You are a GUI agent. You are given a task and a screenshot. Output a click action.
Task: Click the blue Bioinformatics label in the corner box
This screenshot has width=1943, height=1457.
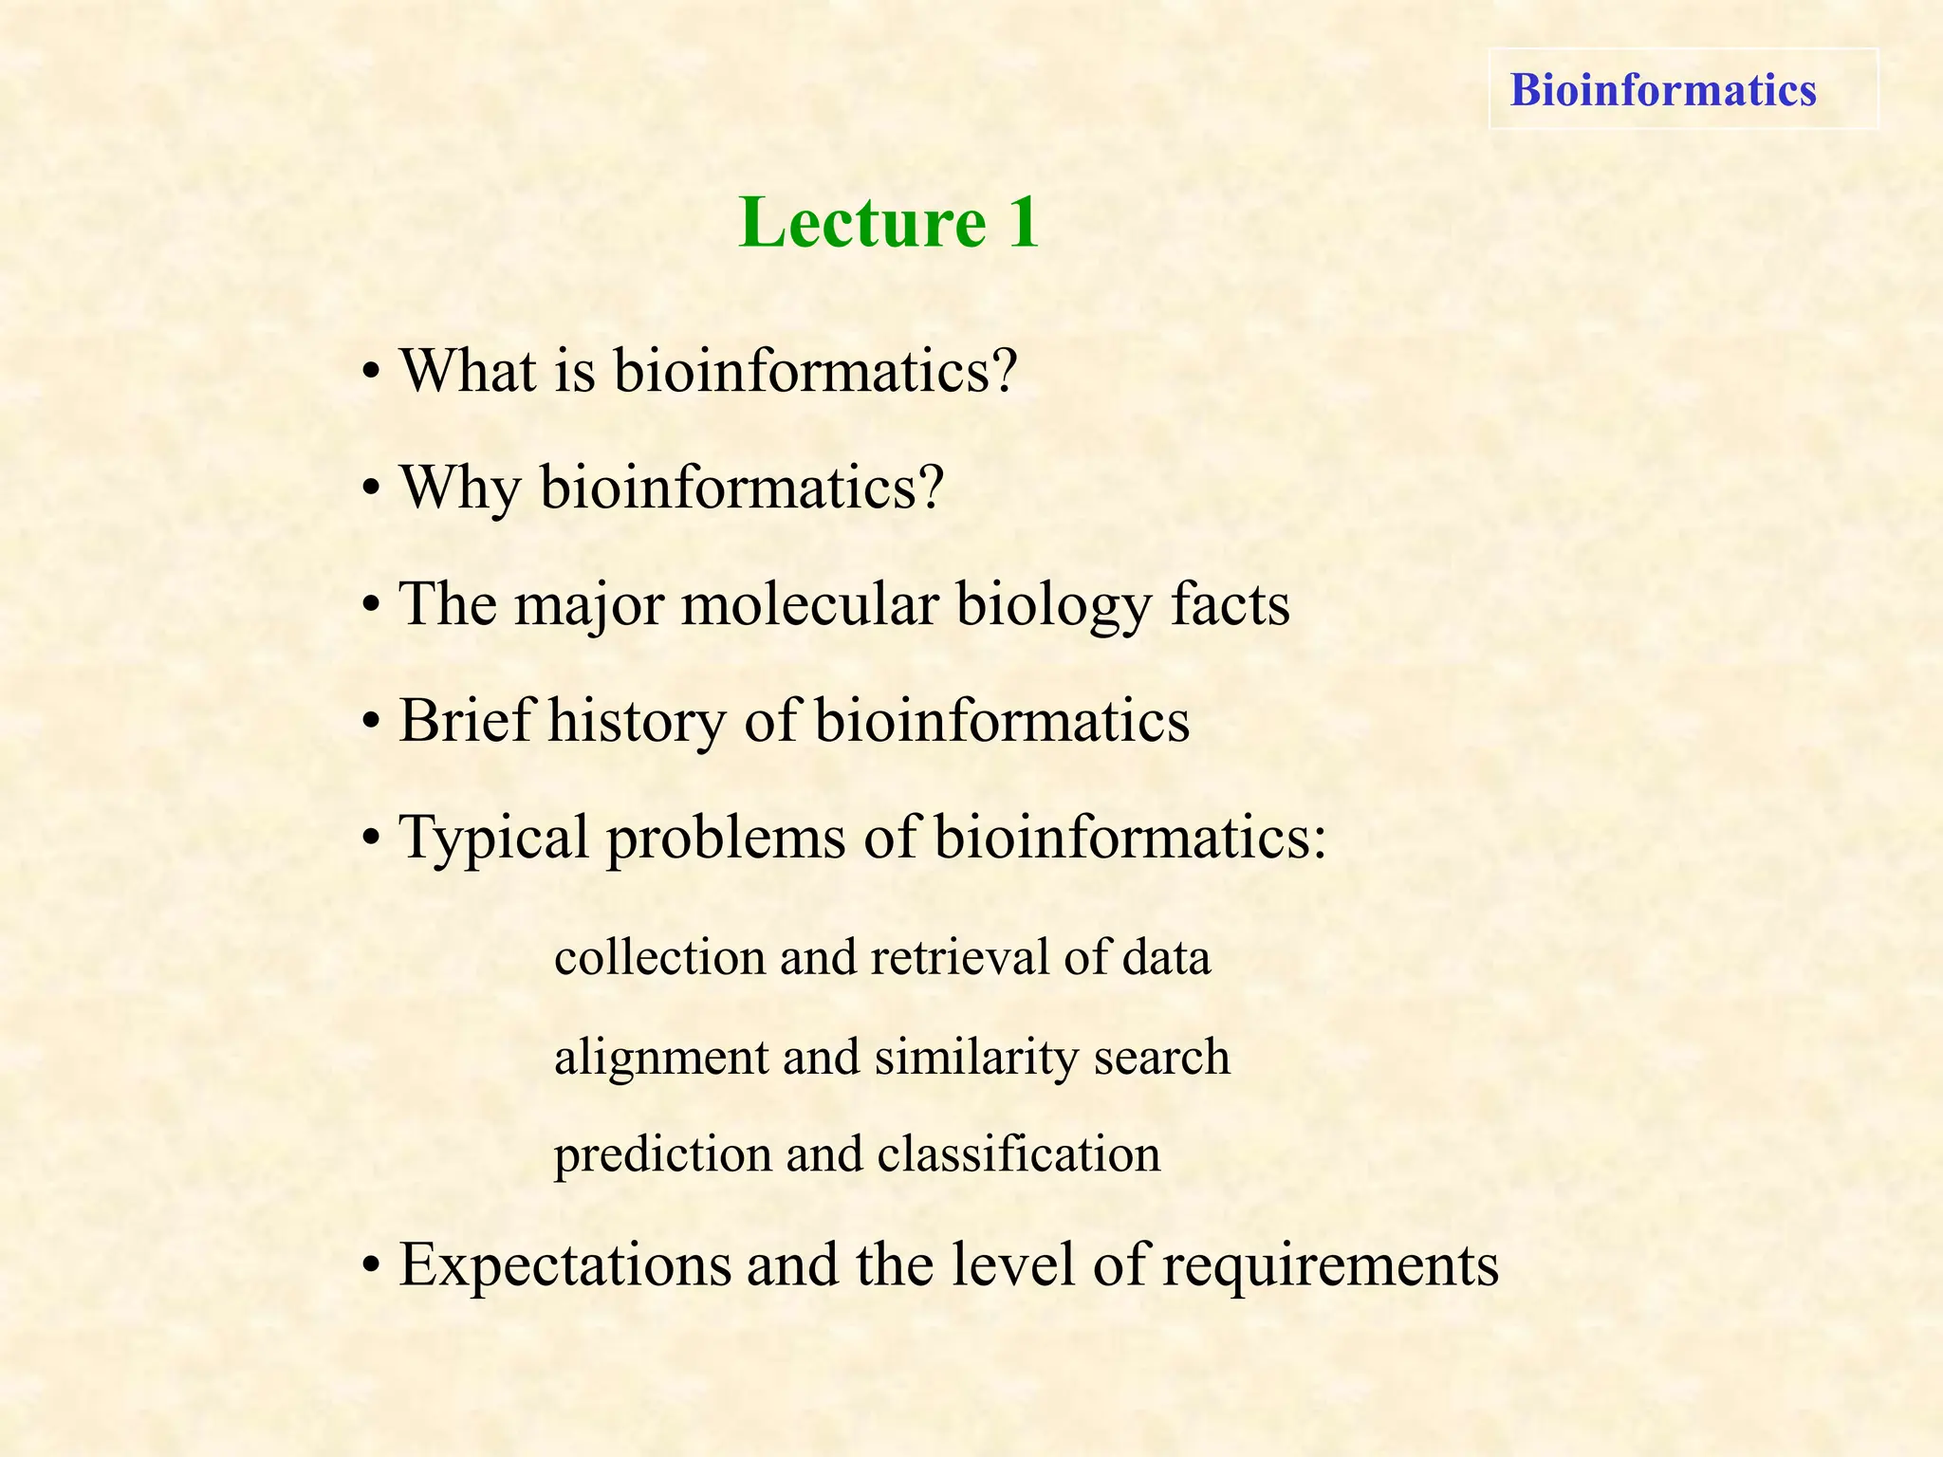click(1662, 90)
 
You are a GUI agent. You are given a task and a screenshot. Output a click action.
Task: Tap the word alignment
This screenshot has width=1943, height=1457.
click(661, 1058)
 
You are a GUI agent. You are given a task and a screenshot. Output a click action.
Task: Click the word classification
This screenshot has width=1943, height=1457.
click(1018, 1154)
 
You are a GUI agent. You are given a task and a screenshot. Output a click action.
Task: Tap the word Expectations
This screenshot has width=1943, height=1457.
click(564, 1266)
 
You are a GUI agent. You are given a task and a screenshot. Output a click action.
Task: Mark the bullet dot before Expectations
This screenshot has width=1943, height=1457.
click(372, 1268)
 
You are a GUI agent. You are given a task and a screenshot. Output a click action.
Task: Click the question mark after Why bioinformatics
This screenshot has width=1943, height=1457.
click(930, 487)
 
